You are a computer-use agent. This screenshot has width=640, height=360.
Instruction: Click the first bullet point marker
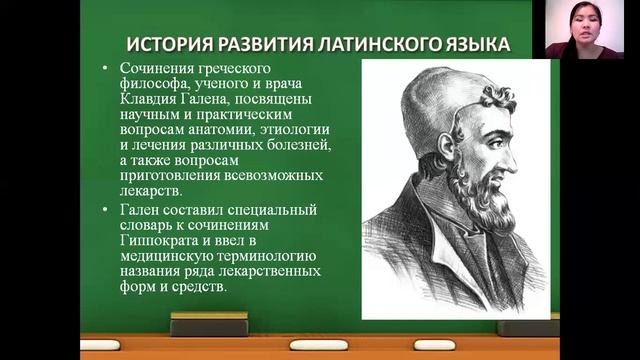107,68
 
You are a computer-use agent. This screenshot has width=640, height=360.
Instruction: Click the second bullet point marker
107,210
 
